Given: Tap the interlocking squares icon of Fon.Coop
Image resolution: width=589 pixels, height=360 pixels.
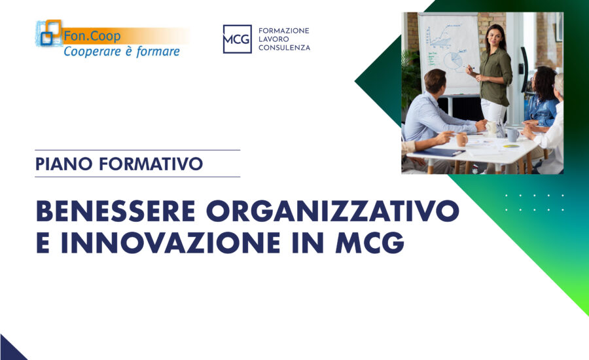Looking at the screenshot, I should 49,33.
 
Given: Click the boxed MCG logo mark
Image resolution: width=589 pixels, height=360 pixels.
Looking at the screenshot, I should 237,39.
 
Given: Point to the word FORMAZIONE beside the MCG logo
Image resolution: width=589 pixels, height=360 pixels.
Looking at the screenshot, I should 285,30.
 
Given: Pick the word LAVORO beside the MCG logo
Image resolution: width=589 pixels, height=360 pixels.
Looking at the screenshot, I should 276,39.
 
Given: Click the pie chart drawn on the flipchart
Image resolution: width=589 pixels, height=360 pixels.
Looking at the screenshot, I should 452,62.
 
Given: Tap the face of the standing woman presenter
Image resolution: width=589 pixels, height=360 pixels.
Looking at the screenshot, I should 493,35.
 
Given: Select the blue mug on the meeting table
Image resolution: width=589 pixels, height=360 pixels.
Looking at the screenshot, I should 512,134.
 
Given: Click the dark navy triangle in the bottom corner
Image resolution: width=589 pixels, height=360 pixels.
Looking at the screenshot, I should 9,350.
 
